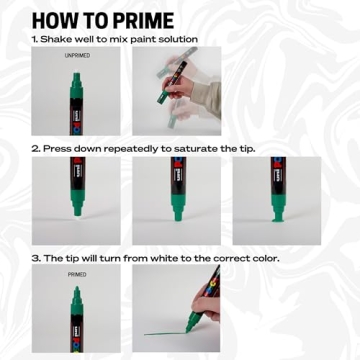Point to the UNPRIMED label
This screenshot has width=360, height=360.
point(76,56)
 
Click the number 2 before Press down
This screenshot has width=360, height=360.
point(34,148)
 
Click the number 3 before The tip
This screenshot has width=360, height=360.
point(34,257)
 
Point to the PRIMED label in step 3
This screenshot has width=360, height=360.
point(76,273)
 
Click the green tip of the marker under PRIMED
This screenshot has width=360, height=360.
point(76,294)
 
